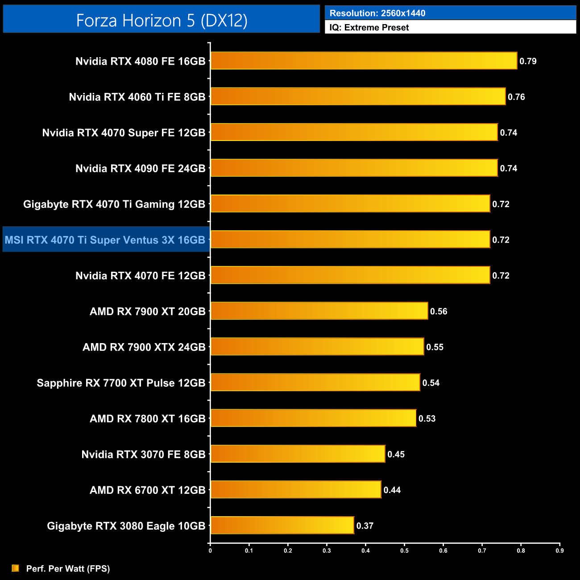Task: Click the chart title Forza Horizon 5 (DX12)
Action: click(162, 21)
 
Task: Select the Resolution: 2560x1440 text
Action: click(377, 13)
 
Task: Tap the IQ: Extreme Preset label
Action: click(369, 28)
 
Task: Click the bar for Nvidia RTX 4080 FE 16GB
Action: click(364, 61)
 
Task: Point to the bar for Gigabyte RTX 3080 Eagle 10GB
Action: click(282, 525)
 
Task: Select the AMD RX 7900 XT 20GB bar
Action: click(319, 311)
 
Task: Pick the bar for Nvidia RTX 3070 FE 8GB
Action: click(298, 454)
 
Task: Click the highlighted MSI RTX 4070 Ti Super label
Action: click(105, 240)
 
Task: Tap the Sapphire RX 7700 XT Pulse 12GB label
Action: click(121, 383)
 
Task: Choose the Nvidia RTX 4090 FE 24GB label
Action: click(140, 168)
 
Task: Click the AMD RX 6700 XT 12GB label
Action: click(147, 490)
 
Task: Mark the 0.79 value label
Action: click(528, 61)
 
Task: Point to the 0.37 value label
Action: click(365, 526)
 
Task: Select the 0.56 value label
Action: click(439, 311)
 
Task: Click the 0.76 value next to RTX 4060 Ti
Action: click(516, 97)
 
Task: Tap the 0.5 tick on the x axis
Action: click(404, 551)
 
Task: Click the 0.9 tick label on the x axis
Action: click(559, 551)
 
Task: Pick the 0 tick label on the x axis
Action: click(210, 551)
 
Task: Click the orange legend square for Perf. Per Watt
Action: click(16, 568)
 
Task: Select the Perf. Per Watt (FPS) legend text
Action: click(68, 568)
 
